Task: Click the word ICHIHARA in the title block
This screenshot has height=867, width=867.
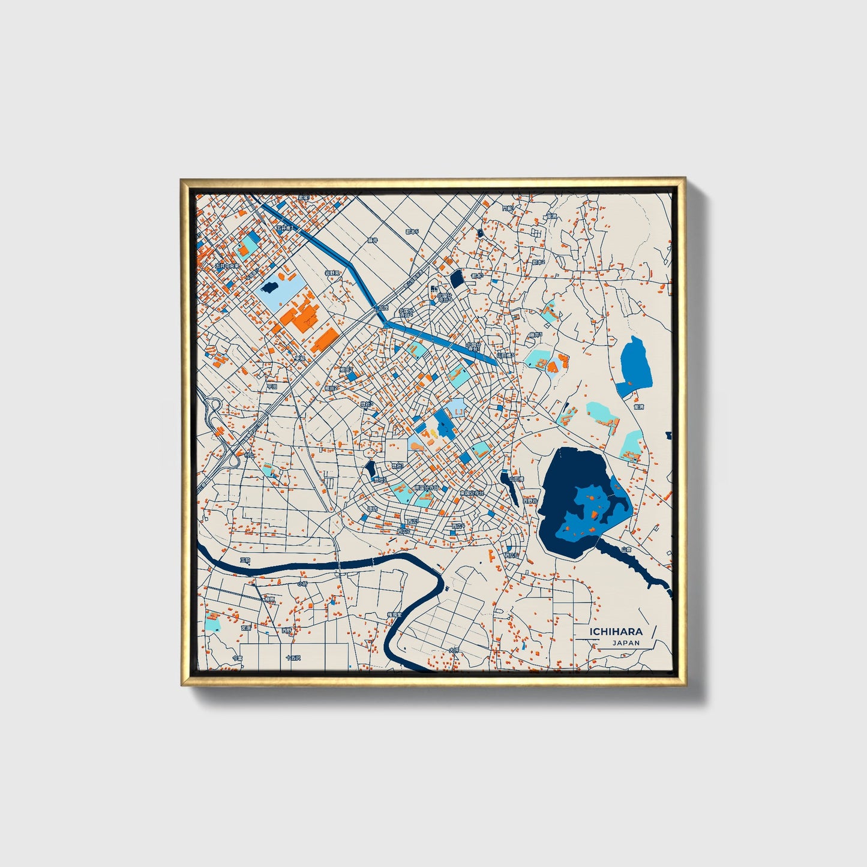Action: (616, 631)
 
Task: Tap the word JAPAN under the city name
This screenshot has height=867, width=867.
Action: (626, 643)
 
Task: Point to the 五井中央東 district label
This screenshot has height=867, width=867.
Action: (227, 265)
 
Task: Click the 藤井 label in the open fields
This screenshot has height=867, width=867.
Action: (373, 240)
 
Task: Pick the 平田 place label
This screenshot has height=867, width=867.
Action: (272, 387)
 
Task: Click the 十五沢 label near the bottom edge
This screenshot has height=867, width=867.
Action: (292, 658)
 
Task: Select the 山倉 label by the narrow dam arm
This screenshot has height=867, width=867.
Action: (626, 549)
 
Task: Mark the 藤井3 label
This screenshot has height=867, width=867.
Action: (535, 335)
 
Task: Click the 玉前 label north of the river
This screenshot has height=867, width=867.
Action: (245, 560)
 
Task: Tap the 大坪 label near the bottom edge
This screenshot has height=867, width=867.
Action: (453, 650)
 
